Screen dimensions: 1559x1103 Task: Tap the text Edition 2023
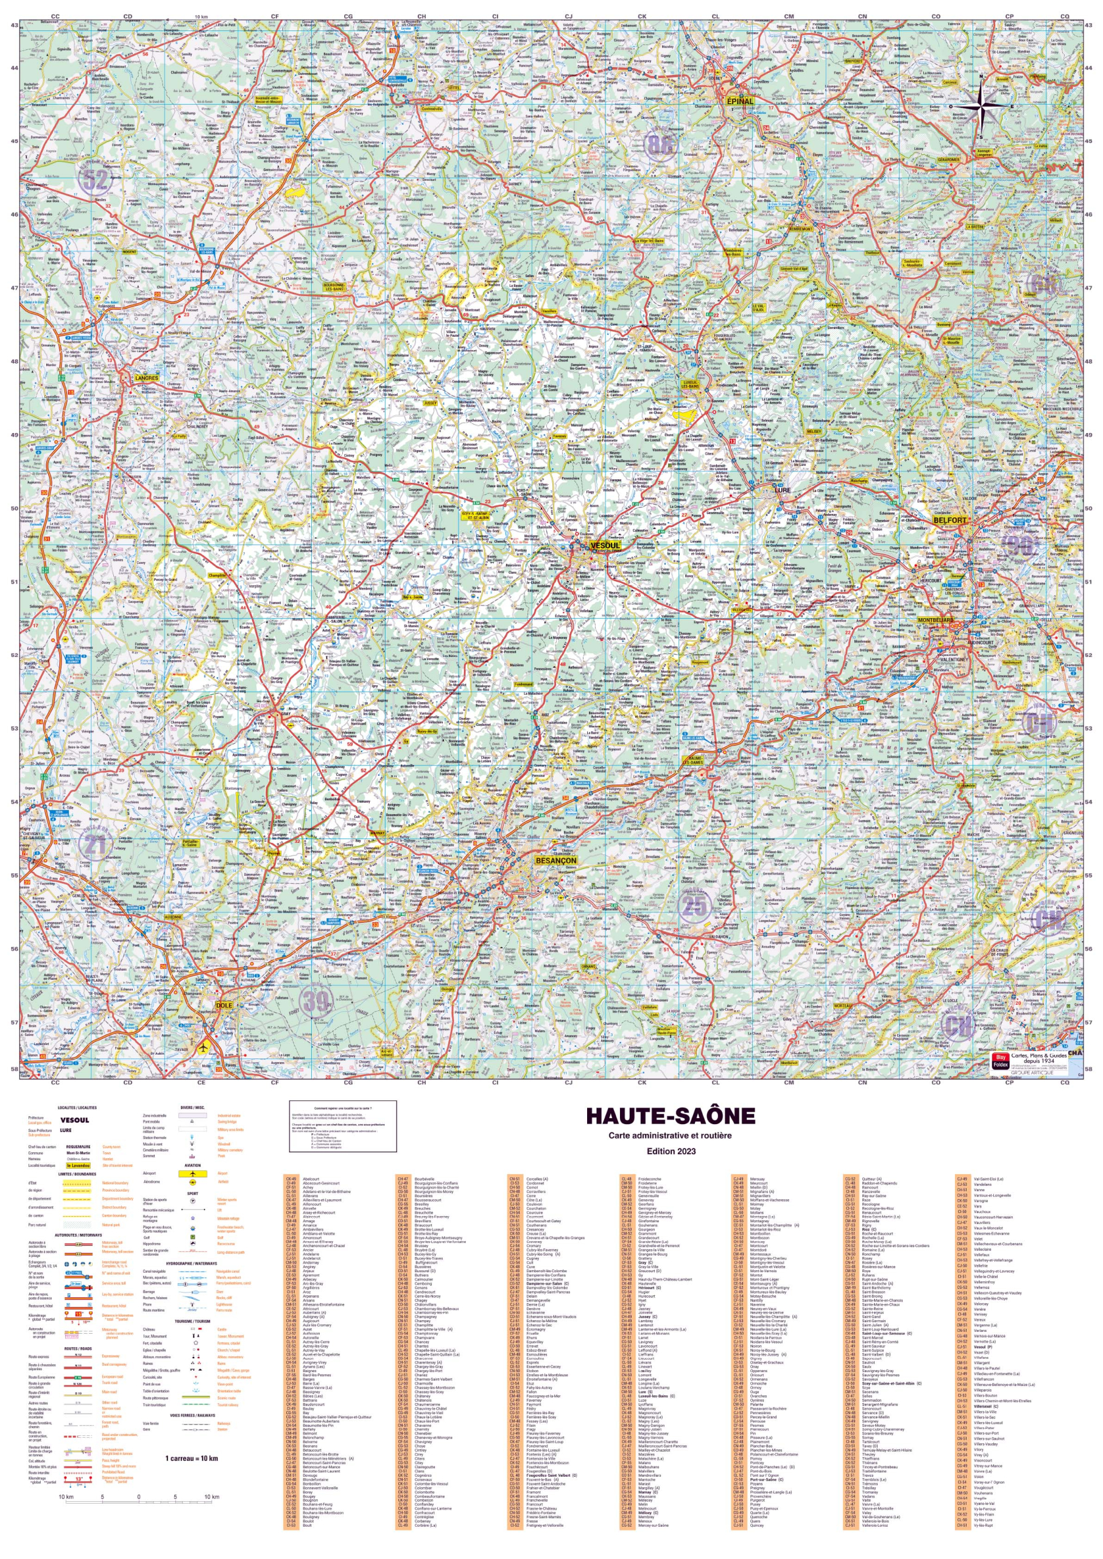671,1151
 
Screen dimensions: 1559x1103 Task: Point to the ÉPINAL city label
739,101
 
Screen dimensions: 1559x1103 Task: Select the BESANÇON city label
555,860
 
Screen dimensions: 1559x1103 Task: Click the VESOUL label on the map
605,545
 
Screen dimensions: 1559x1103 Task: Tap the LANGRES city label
146,378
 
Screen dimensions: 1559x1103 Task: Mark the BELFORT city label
950,520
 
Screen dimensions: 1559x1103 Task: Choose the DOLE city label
224,1005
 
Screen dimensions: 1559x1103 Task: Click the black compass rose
982,106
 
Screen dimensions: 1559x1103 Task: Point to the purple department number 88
660,144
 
